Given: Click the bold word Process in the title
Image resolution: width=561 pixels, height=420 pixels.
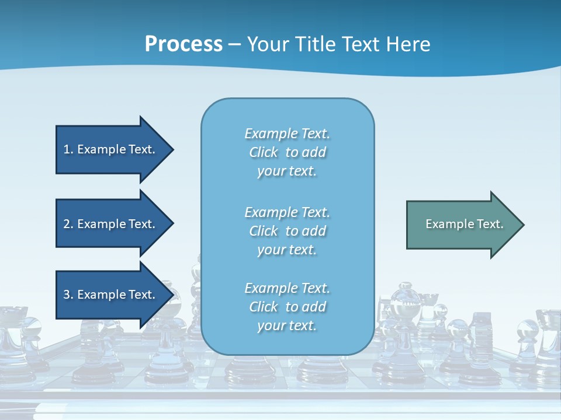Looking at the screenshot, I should tap(183, 44).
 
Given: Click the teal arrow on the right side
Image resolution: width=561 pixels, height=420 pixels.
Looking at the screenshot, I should tap(462, 225).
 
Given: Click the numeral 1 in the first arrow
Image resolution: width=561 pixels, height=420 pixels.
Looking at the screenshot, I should tap(66, 149).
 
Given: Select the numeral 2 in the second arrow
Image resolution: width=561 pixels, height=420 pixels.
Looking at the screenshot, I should tap(66, 224).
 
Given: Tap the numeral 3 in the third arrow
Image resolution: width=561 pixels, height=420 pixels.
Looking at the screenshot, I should tap(66, 295).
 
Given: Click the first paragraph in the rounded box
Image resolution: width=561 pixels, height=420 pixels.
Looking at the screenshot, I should tap(287, 152).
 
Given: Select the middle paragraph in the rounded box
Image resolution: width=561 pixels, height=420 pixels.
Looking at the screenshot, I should tap(287, 231).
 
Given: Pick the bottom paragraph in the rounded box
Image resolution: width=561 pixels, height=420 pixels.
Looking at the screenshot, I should tap(287, 307).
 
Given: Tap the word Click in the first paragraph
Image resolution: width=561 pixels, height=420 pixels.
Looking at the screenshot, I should tap(264, 153).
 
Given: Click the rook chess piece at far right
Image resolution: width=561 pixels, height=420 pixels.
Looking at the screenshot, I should tap(546, 338).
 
